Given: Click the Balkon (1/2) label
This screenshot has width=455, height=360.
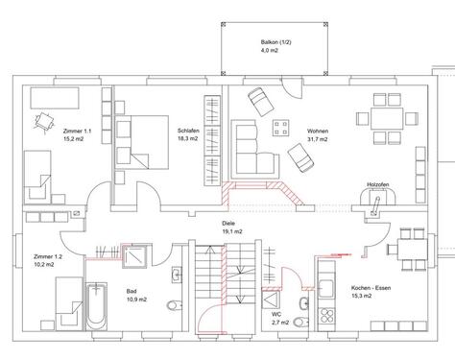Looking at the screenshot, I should pos(275,43).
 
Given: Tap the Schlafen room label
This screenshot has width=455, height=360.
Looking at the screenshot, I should pos(187,130).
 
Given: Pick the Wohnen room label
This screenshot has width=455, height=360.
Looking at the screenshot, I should pos(317,130).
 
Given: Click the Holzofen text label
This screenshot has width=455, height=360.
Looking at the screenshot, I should pos(377,183).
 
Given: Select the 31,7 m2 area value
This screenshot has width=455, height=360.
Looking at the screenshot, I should pos(317,139).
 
